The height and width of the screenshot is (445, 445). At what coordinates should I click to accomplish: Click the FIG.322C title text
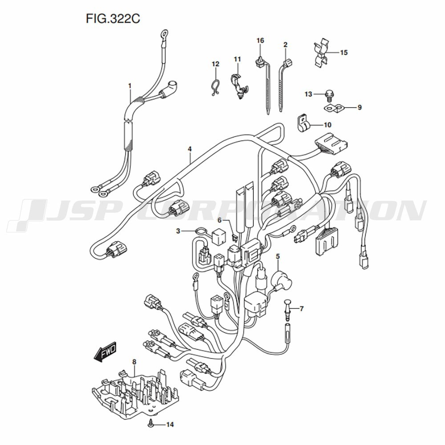point(113,19)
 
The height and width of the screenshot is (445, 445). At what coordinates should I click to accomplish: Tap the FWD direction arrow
point(105,352)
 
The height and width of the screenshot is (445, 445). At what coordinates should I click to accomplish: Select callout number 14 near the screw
point(170,425)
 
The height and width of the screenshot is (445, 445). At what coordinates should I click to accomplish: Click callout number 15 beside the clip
point(344,53)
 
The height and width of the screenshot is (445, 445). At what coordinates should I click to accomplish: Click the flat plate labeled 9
point(334,108)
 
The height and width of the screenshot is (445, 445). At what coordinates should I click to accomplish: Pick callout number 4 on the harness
point(190,149)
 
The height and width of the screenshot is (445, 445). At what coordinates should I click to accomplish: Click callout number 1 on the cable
point(130,85)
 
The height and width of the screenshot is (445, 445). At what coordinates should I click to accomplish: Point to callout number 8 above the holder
point(134,362)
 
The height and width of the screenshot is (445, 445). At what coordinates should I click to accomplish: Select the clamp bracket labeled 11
point(239,85)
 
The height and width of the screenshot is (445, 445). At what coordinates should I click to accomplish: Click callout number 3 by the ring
point(178,231)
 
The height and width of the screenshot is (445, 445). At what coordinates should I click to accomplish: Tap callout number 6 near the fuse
point(219,220)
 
